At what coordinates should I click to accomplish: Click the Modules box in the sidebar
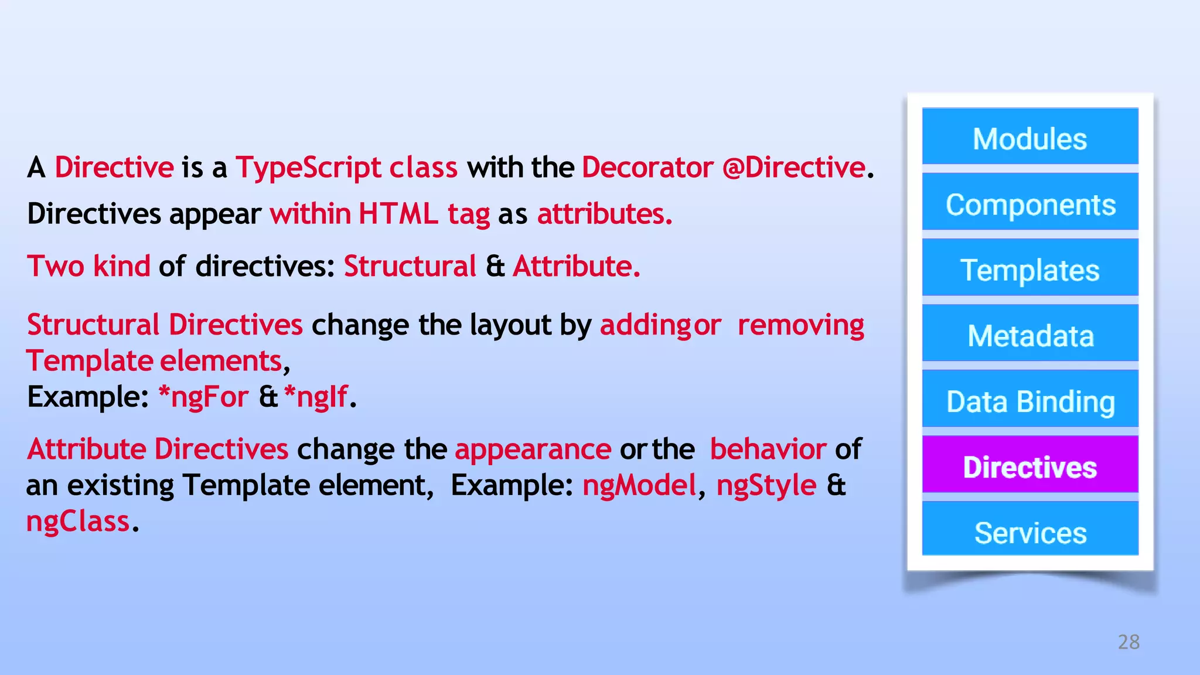(x=1029, y=137)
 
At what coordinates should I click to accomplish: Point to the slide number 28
(x=1129, y=642)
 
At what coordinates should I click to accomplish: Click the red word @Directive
(x=793, y=168)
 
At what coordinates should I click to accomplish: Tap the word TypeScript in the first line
(x=308, y=168)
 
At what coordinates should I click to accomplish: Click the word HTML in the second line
(x=398, y=214)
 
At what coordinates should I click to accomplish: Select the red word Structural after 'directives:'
(x=410, y=267)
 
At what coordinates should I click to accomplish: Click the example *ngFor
(x=203, y=397)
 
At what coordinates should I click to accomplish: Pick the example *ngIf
(x=316, y=397)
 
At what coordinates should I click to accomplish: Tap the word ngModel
(x=639, y=486)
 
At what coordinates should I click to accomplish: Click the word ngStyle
(x=766, y=486)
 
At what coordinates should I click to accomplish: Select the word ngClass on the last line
(x=77, y=521)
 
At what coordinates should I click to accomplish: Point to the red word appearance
(x=533, y=449)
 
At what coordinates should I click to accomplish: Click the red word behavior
(x=768, y=449)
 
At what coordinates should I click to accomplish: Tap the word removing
(x=800, y=325)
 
